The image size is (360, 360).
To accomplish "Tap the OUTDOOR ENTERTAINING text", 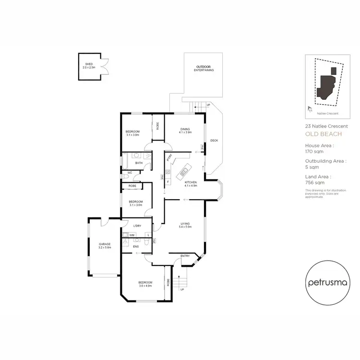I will click(204, 68).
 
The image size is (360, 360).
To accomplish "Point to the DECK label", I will click(214, 141).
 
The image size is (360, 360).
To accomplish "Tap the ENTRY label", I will click(185, 256).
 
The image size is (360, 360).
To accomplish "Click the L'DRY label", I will click(137, 226).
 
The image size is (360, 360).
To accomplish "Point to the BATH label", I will click(139, 163).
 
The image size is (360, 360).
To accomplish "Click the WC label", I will click(130, 173).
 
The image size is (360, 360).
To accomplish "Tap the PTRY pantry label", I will click(169, 157).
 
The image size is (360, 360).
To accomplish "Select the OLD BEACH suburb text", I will click(324, 134).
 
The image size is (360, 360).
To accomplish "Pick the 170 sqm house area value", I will click(313, 151).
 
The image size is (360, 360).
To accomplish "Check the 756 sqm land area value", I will click(313, 182).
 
